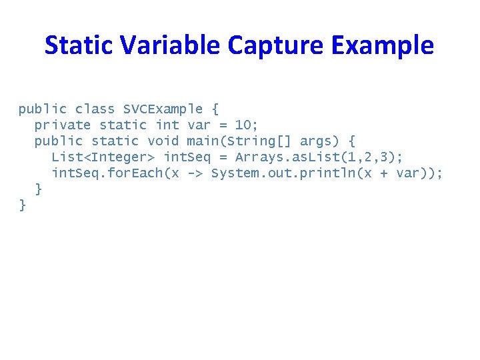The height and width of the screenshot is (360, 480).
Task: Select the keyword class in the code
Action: tap(91, 109)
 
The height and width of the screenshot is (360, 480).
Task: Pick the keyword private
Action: tap(63, 125)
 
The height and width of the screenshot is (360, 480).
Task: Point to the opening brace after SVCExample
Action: tap(214, 109)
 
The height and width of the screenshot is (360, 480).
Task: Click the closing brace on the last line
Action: tap(23, 205)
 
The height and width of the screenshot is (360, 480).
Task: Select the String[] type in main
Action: tap(271, 141)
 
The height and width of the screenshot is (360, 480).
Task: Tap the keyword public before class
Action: tap(42, 109)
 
